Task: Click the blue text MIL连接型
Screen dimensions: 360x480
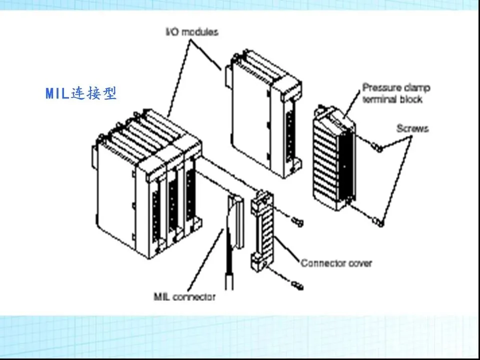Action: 81,93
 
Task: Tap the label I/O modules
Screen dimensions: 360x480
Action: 192,32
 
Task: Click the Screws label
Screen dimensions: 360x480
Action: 412,128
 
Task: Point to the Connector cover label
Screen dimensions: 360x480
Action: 336,262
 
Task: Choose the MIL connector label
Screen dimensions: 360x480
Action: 184,296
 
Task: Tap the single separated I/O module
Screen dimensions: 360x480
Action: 262,115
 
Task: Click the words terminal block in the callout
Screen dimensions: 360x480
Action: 392,99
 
